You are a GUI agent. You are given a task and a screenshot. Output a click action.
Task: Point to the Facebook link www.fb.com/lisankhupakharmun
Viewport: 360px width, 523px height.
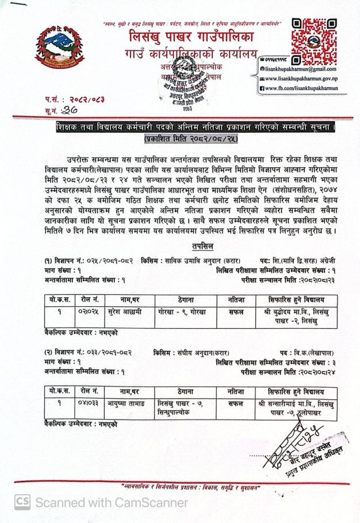301,88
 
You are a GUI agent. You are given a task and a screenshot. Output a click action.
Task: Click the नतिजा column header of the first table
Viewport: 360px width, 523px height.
236,299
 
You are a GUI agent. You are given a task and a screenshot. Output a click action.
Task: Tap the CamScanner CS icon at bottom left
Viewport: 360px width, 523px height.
22,502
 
